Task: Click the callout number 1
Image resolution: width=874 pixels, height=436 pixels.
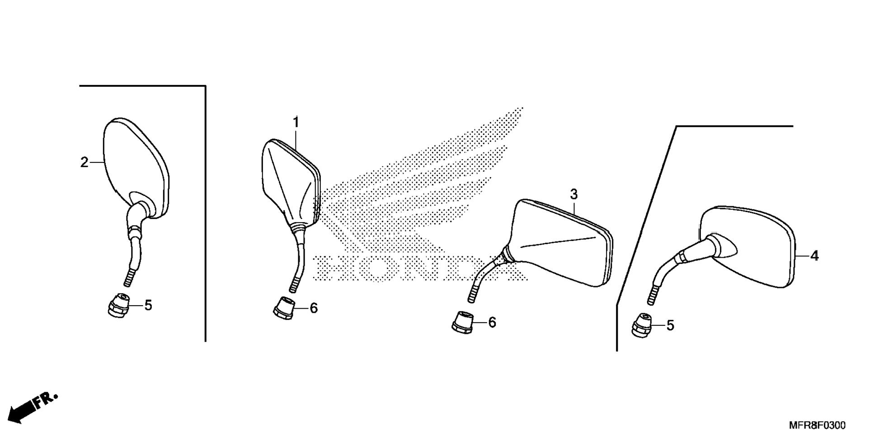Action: (x=296, y=122)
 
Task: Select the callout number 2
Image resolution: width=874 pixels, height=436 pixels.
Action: (x=84, y=162)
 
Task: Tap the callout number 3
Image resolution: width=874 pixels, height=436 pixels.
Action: (x=573, y=195)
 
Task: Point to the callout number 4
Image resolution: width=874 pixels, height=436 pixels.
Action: (x=814, y=256)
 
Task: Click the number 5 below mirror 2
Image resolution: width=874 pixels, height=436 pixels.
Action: (x=148, y=306)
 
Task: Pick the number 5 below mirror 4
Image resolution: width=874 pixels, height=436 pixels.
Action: (x=670, y=325)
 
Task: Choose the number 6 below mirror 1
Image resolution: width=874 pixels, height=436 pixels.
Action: (x=314, y=308)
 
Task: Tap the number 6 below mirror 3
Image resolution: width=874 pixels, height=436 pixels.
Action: (x=492, y=322)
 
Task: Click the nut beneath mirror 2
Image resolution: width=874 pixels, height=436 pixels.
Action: (x=118, y=305)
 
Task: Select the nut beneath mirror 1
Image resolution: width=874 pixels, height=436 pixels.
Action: (x=283, y=308)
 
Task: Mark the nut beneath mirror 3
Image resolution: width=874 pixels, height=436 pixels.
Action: (x=462, y=323)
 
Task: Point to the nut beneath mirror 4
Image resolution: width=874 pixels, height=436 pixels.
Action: (x=642, y=325)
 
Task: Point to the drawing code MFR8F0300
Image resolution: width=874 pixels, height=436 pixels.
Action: (x=817, y=425)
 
